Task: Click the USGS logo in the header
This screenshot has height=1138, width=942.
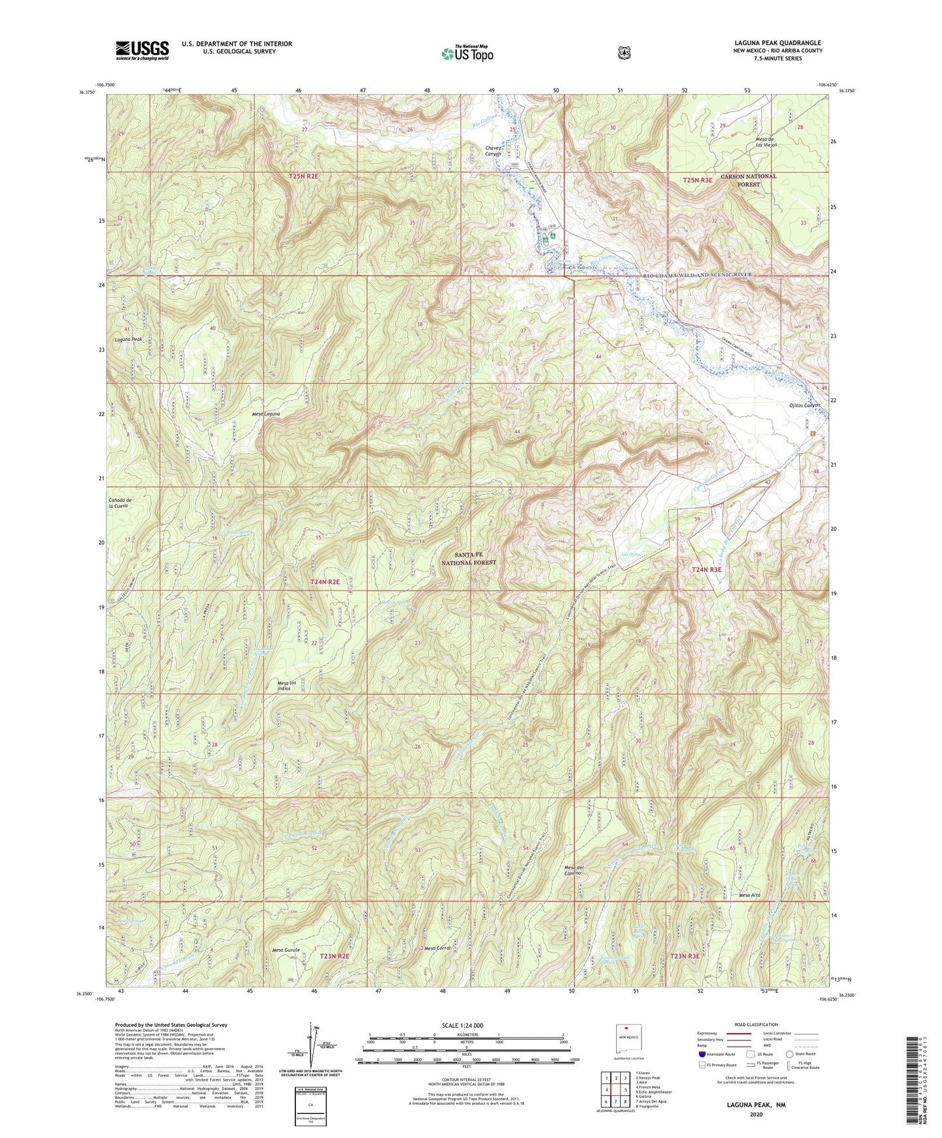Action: tap(142, 50)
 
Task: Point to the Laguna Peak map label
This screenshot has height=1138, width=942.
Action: tap(128, 340)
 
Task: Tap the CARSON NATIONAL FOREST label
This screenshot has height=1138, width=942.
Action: tap(748, 180)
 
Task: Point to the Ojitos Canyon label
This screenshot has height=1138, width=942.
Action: tap(801, 405)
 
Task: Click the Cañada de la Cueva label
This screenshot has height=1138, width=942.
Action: tap(122, 502)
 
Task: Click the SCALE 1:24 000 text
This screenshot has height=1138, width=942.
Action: tap(465, 1025)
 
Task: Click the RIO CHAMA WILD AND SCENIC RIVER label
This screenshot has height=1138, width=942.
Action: tap(698, 275)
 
